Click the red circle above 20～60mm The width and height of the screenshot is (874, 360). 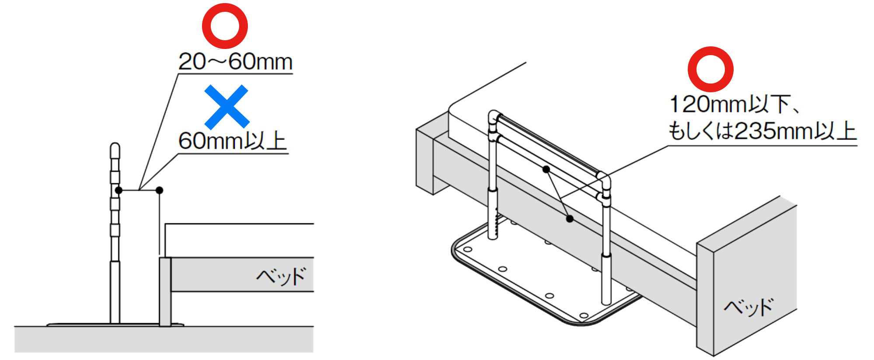[x=225, y=26]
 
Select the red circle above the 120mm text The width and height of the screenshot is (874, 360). [x=710, y=69]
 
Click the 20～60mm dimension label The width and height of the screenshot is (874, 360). [x=235, y=61]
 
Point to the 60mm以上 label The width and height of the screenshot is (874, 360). [x=232, y=141]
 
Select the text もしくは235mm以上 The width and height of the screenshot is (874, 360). [x=762, y=131]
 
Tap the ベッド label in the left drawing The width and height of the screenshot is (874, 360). [x=281, y=276]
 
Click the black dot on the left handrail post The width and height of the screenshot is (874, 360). [x=118, y=190]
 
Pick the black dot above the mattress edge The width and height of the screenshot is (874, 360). [x=160, y=190]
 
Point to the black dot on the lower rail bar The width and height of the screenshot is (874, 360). [x=546, y=169]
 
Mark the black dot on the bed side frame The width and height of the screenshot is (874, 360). [x=570, y=218]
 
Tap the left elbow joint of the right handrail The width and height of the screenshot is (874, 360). [x=494, y=117]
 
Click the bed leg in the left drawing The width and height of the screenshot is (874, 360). [x=165, y=292]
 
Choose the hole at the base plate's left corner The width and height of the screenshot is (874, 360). [x=467, y=250]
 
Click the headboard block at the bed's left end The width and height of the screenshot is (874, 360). [x=432, y=153]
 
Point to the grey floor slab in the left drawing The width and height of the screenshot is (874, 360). [x=164, y=339]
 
